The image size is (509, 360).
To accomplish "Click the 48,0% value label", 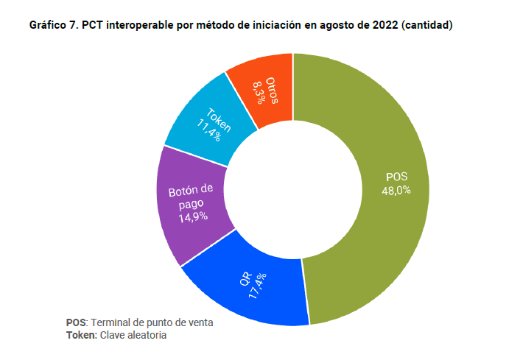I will pyautogui.click(x=396, y=190).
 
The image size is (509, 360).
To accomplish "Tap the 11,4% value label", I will pyautogui.click(x=208, y=130).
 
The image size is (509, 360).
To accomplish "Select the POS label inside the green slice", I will pyautogui.click(x=396, y=177).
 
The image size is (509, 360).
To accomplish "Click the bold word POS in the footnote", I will pyautogui.click(x=76, y=322).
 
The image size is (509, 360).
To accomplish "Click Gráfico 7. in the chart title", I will pyautogui.click(x=54, y=25).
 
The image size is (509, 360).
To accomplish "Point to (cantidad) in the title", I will pyautogui.click(x=427, y=25).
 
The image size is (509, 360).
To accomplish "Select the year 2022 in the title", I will pyautogui.click(x=385, y=25).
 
